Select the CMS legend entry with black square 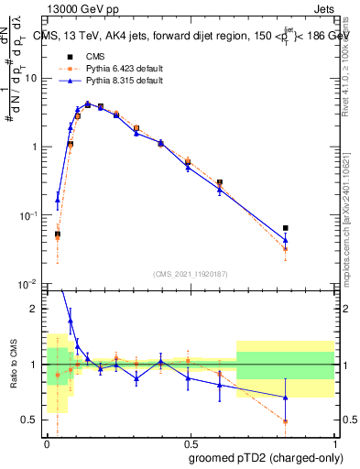coord(82,57)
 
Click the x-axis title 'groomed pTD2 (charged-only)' coord(267,458)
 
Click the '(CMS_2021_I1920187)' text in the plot coord(190,272)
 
